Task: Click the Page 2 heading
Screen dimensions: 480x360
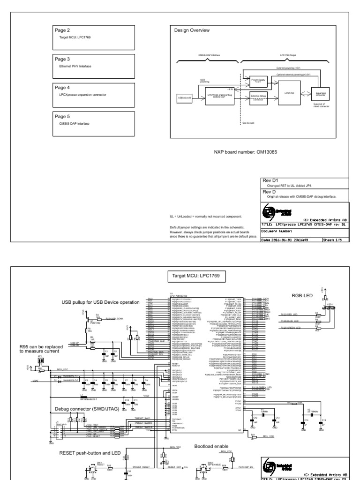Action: tap(62, 30)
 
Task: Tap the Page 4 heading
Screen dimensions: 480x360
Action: tap(62, 88)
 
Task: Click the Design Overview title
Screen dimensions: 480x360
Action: tap(192, 30)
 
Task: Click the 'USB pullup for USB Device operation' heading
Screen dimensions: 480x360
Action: tap(100, 302)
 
